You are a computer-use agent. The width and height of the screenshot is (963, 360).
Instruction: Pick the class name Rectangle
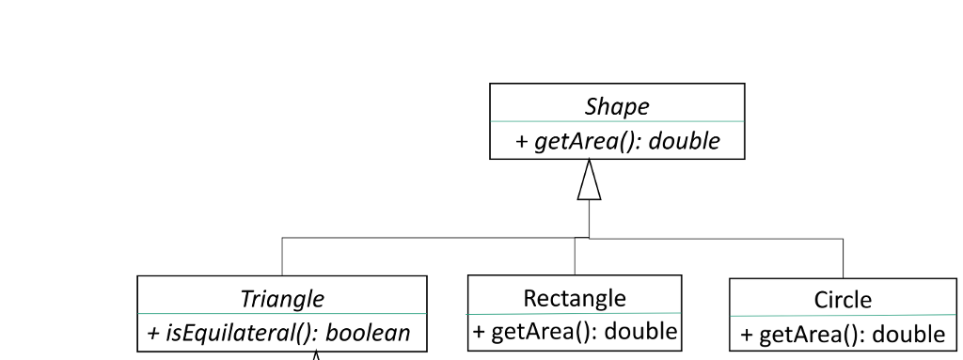pos(574,298)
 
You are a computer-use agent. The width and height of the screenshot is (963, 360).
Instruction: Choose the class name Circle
pos(843,301)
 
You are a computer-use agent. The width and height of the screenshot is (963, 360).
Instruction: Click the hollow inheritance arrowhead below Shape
pos(589,180)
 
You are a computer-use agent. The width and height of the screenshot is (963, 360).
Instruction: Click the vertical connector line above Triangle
pos(282,257)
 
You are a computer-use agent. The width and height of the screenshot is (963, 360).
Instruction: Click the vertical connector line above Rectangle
pos(575,257)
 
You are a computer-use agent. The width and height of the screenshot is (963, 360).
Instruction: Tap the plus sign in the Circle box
pos(748,335)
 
